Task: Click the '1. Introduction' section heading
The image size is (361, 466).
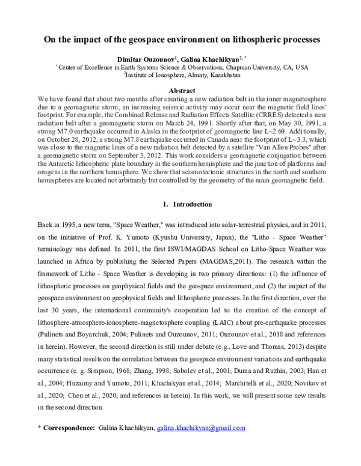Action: click(180, 204)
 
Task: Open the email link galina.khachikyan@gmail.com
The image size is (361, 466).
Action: click(201, 428)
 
